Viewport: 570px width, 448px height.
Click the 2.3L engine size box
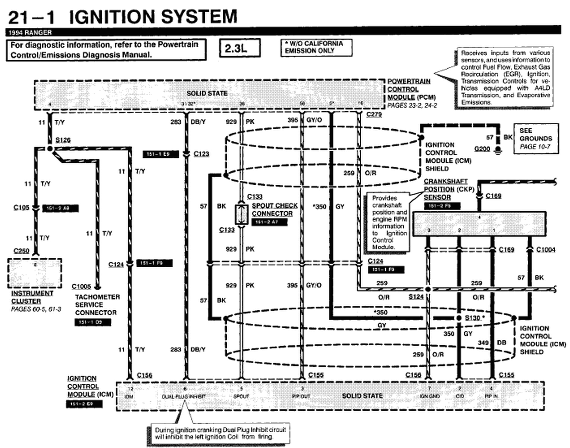(239, 48)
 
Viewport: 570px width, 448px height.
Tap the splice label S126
(63, 140)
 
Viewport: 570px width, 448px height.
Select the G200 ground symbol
(497, 150)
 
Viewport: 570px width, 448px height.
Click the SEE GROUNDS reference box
(536, 139)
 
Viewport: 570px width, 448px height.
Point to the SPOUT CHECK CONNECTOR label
(275, 209)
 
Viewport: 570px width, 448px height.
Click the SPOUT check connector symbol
(241, 214)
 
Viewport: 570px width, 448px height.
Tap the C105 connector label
(21, 208)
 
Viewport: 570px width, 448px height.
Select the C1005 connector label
(81, 286)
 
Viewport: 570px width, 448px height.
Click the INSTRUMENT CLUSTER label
(32, 297)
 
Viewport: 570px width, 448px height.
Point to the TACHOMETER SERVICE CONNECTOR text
(97, 305)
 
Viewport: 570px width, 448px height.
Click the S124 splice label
(416, 296)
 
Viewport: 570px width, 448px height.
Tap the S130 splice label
(473, 318)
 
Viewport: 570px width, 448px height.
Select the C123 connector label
(201, 154)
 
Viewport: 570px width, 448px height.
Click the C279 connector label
(374, 114)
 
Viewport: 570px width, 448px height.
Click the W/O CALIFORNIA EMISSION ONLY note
(316, 47)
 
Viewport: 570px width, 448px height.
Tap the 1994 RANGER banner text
(30, 32)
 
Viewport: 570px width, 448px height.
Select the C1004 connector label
(546, 249)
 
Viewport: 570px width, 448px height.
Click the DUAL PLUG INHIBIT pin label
(184, 396)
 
